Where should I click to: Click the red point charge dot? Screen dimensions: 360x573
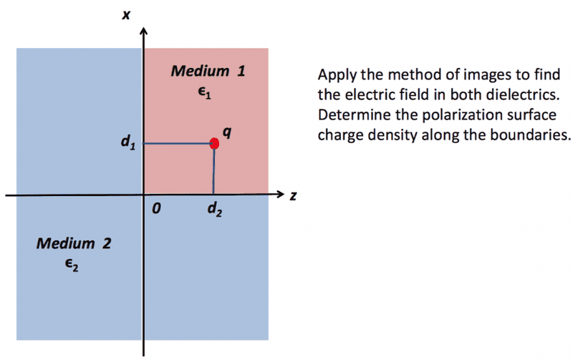click(213, 143)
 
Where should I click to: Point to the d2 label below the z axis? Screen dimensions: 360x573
click(213, 210)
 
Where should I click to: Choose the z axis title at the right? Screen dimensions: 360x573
click(293, 195)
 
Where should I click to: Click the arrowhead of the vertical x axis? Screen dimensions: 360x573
click(144, 31)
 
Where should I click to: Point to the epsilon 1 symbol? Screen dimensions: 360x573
click(206, 92)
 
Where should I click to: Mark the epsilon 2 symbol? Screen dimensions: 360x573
click(70, 264)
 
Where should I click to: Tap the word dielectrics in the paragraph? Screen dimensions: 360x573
click(511, 95)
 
